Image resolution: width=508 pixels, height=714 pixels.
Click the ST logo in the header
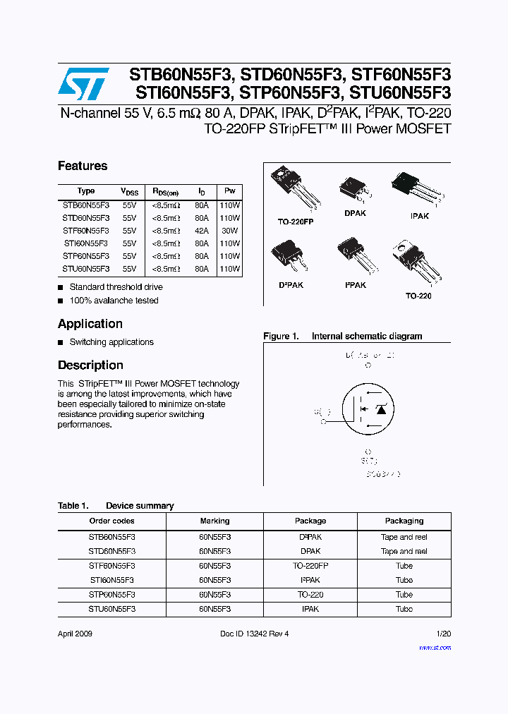click(83, 84)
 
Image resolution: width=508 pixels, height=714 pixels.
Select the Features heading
click(83, 166)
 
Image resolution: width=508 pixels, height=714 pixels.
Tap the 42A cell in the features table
click(202, 230)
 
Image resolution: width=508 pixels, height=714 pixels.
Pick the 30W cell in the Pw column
click(230, 230)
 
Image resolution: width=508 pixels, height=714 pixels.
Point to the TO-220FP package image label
click(296, 222)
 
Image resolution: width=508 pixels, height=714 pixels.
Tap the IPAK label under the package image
click(419, 216)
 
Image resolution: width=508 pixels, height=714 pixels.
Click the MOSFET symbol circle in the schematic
click(368, 409)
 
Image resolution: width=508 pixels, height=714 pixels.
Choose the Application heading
click(90, 324)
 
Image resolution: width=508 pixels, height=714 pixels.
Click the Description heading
click(90, 365)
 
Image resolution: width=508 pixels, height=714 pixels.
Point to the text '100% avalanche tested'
click(114, 301)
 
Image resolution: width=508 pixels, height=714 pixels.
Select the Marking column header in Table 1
click(214, 521)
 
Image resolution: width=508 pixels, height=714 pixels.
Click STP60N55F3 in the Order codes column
click(111, 595)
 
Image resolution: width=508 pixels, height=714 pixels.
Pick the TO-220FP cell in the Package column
click(310, 566)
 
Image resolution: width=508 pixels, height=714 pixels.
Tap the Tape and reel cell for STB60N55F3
click(404, 537)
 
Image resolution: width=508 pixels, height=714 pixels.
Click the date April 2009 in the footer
click(75, 634)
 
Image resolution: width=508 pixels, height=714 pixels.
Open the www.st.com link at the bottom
click(435, 646)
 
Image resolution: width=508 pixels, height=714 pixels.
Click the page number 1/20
click(443, 634)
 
